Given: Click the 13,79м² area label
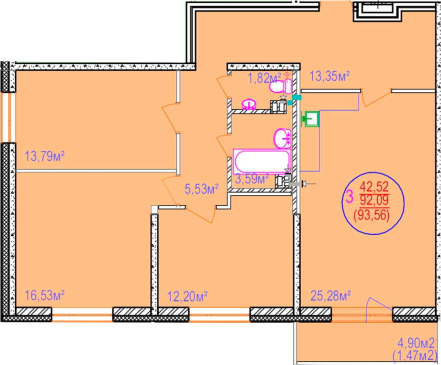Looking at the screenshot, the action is click(x=45, y=156).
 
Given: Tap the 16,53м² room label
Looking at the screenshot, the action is click(x=45, y=296).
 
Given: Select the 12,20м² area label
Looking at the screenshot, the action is click(x=188, y=297).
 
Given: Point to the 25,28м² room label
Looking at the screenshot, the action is click(x=330, y=296).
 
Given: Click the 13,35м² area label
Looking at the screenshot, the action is click(x=330, y=76).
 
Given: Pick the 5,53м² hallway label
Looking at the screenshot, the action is click(x=201, y=189).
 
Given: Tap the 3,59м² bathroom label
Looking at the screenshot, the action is click(x=252, y=179).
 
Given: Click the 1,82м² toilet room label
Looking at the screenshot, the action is click(x=264, y=78).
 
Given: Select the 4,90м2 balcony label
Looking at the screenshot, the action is click(x=416, y=343).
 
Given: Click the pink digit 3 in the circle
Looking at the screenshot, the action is click(x=349, y=197).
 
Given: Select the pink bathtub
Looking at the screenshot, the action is click(x=262, y=162).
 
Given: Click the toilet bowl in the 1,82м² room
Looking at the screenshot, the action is click(x=281, y=86).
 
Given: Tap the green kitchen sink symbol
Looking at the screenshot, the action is click(x=310, y=119).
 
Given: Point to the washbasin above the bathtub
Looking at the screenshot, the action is click(x=282, y=138).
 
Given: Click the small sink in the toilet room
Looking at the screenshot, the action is click(x=249, y=104).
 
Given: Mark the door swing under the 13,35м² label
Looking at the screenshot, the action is click(x=375, y=97).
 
